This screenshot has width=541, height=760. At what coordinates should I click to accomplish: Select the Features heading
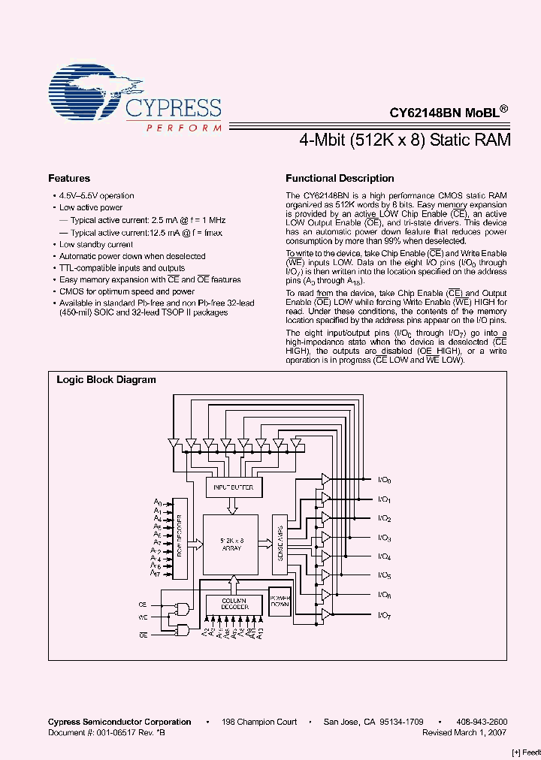69,179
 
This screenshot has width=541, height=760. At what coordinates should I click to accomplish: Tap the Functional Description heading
340,179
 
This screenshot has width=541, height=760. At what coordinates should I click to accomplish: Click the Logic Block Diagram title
107,380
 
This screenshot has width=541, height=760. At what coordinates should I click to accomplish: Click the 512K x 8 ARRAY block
231,545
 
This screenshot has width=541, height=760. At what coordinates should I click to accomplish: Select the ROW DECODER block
180,538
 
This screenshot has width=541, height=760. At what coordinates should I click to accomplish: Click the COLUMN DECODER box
234,602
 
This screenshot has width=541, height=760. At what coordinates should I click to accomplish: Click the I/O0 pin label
383,481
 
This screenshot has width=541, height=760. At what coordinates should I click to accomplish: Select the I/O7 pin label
383,615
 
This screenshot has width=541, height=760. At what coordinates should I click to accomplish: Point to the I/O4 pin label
383,557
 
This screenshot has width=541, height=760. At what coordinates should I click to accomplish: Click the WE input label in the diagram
142,617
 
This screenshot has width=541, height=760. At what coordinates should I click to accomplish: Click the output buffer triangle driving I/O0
325,479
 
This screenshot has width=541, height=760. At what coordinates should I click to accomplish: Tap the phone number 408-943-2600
482,722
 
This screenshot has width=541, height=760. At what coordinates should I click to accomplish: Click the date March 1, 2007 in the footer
485,731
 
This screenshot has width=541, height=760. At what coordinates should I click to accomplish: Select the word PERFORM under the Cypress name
183,128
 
